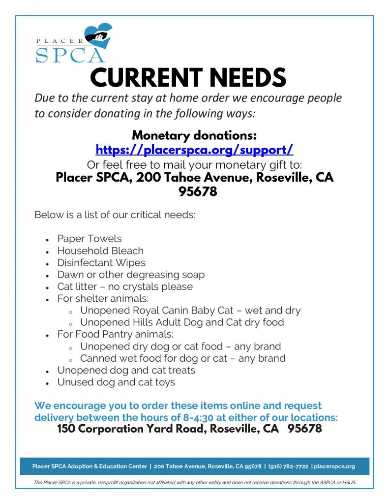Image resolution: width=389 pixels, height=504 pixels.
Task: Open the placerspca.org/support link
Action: [194, 149]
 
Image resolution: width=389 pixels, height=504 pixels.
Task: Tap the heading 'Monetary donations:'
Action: [194, 135]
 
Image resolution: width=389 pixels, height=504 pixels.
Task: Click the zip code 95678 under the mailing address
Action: [194, 191]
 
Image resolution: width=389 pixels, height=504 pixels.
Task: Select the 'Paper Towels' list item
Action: [89, 239]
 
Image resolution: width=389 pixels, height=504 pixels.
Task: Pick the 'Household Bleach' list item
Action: [100, 251]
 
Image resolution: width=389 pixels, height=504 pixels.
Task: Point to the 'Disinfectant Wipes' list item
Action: [101, 263]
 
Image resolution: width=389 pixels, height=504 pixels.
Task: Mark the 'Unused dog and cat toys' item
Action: [116, 382]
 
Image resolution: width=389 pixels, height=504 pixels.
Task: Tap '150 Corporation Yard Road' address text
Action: [131, 429]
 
